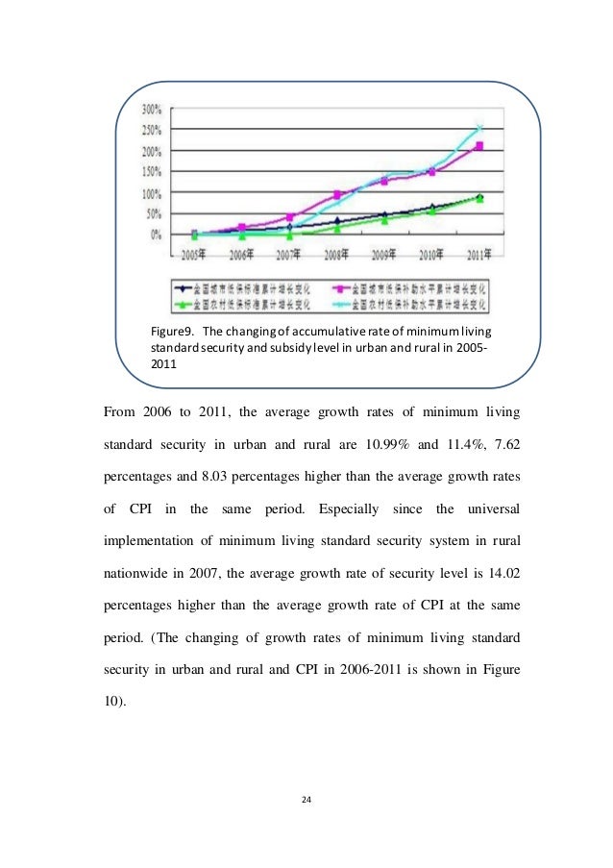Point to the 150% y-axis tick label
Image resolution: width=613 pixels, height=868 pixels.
pyautogui.click(x=155, y=171)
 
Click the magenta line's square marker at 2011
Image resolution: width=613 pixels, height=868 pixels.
pyautogui.click(x=479, y=146)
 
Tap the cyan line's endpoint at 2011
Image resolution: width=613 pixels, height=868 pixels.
pyautogui.click(x=480, y=127)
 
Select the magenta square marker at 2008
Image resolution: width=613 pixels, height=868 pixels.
pyautogui.click(x=337, y=194)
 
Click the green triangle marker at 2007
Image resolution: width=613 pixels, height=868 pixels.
pyautogui.click(x=289, y=234)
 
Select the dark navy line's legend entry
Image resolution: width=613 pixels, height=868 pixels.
pyautogui.click(x=240, y=286)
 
